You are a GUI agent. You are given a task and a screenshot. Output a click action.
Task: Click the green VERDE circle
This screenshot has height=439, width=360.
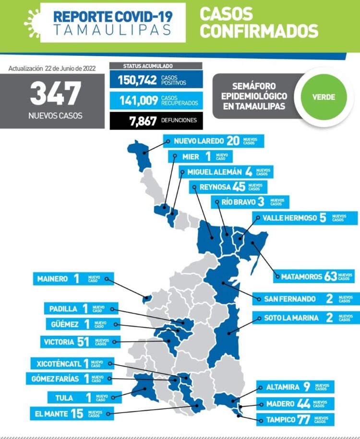[x=324, y=97]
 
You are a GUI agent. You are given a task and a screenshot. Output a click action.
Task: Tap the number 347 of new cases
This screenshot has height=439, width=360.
[x=55, y=94]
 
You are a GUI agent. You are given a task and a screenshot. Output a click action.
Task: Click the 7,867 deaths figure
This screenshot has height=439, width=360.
[x=143, y=121]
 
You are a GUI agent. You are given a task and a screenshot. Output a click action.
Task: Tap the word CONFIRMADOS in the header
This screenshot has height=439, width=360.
[x=259, y=31]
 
